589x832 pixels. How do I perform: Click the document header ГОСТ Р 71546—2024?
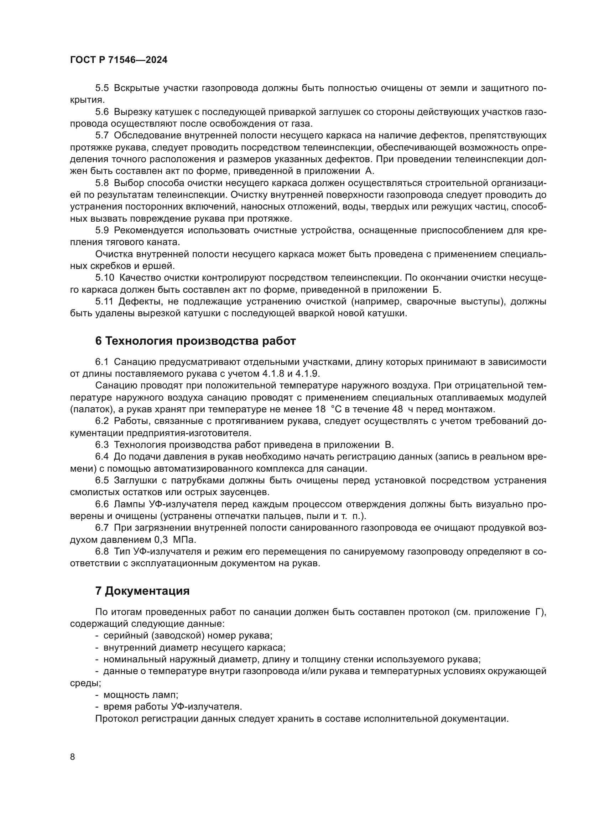119,60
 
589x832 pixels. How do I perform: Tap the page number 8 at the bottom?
73,756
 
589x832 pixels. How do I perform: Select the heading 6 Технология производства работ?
196,341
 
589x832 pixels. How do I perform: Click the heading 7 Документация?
142,591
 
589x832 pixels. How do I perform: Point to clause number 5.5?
102,88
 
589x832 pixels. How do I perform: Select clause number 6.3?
102,445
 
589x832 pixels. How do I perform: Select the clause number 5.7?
102,136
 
